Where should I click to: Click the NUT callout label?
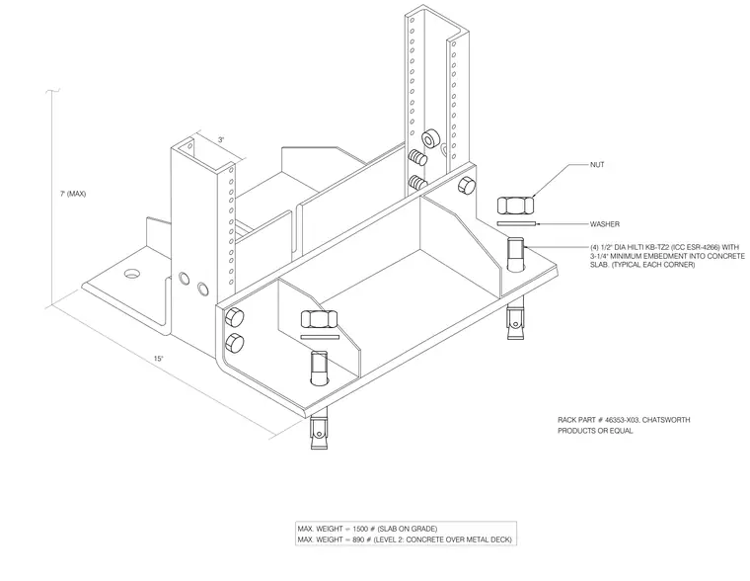[597, 165]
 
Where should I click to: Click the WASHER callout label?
[605, 224]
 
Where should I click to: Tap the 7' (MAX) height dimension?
[73, 194]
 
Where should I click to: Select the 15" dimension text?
[158, 359]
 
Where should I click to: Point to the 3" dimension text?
[221, 140]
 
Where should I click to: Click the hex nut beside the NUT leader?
[515, 206]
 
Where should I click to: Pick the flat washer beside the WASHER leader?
[516, 223]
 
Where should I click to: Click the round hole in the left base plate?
[133, 274]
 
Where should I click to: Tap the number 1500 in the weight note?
[360, 530]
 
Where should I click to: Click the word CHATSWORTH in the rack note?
[666, 420]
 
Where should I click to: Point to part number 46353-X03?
[622, 420]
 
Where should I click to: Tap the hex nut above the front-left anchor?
[319, 319]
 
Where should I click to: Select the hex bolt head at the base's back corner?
[466, 187]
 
